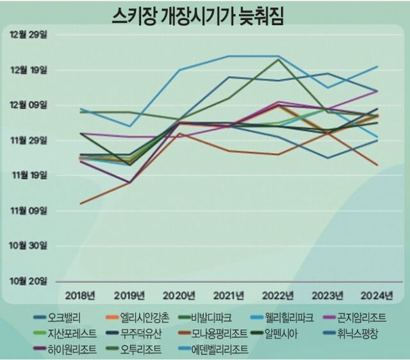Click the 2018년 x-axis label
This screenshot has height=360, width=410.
tap(81, 295)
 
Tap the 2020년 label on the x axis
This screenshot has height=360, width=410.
tap(179, 295)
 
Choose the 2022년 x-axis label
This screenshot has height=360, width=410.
tap(277, 295)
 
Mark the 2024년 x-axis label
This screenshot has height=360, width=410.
tap(376, 295)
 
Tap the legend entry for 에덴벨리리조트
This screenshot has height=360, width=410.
tap(221, 350)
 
